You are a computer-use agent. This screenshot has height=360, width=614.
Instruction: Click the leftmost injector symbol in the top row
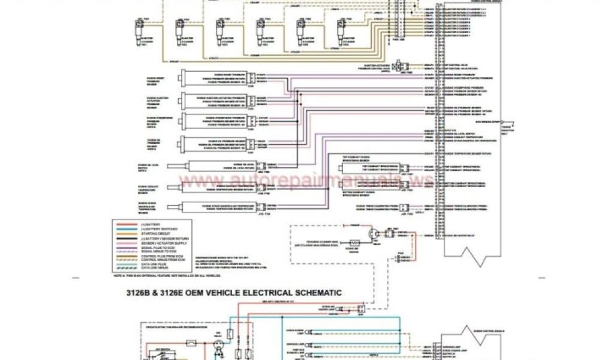139,29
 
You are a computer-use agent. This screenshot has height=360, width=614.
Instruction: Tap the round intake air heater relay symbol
373,234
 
